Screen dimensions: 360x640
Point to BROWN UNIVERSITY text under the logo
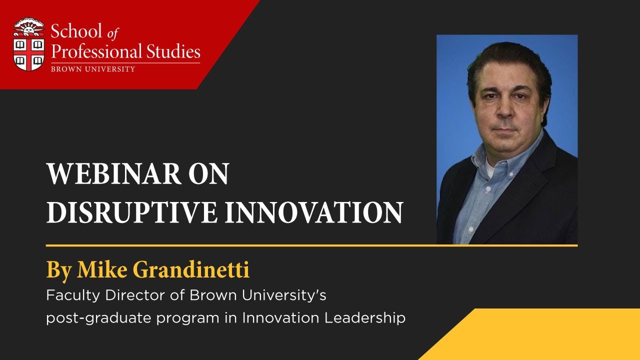[x=93, y=68]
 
